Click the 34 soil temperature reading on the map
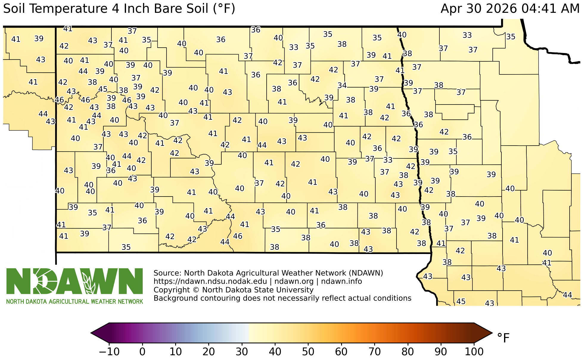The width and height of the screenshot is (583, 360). [x=342, y=85]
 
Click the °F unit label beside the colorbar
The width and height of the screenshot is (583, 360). [x=503, y=338]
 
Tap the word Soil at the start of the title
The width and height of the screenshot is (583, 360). [x=15, y=9]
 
